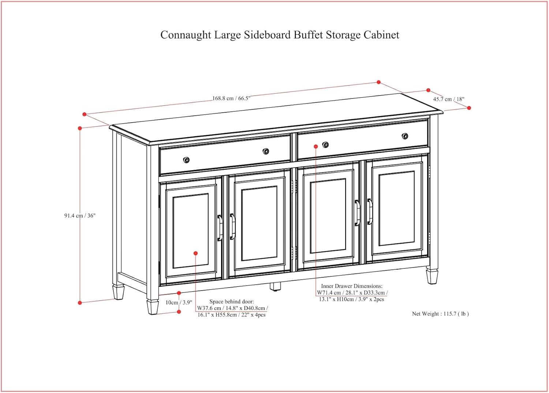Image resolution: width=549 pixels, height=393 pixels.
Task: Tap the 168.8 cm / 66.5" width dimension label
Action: click(x=231, y=98)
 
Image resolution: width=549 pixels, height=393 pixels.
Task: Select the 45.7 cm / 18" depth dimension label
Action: click(x=448, y=99)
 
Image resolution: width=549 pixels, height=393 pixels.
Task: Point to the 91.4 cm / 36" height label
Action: click(x=80, y=216)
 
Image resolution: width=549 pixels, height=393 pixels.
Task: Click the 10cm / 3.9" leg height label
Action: click(x=179, y=303)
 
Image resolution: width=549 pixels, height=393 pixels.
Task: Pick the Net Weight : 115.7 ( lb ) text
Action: click(x=440, y=314)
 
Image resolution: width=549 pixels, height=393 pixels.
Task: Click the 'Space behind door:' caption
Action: click(x=231, y=302)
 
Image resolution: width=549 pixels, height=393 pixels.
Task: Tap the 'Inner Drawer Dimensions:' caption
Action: click(x=352, y=286)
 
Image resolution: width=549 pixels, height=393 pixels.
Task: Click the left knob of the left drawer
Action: click(x=186, y=160)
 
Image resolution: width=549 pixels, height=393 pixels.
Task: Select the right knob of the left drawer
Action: click(x=266, y=151)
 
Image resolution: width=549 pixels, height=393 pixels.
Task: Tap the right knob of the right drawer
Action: click(x=405, y=136)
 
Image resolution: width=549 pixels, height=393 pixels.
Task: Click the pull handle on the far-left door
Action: click(x=220, y=228)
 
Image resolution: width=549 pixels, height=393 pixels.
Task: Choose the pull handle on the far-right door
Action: click(x=370, y=212)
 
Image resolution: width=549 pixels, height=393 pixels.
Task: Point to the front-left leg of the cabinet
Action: click(x=153, y=307)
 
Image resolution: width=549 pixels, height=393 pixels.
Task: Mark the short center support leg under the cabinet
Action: click(x=275, y=286)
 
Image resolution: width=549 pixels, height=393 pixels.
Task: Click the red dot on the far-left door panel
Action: click(x=196, y=253)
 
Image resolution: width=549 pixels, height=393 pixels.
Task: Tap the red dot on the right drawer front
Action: click(x=316, y=146)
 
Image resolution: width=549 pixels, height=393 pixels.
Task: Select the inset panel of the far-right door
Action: click(x=397, y=208)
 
